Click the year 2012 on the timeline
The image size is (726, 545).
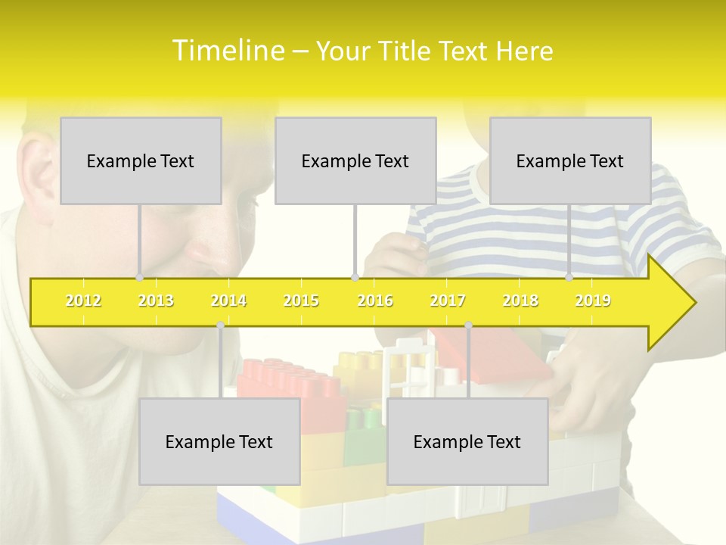coord(83,301)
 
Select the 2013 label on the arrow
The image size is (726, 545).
coord(156,301)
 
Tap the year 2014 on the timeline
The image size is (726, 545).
coord(228,301)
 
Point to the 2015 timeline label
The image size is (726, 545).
coord(301,301)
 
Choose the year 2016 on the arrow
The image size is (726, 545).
coord(375,301)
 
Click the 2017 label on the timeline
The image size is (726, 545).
coord(448,301)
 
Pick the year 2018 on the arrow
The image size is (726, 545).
coord(520,301)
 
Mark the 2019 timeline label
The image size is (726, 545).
coord(593,301)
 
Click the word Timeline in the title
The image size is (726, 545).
coord(227,51)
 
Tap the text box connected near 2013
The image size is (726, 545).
coord(141,160)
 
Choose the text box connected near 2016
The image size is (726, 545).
coord(355,160)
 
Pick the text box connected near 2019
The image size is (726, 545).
coord(570,160)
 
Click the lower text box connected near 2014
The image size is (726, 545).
coord(219,441)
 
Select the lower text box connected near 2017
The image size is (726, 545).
coord(467,441)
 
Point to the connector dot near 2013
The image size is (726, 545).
coord(140,278)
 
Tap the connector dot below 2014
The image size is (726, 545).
coord(220,325)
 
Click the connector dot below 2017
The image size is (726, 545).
coord(468,325)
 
